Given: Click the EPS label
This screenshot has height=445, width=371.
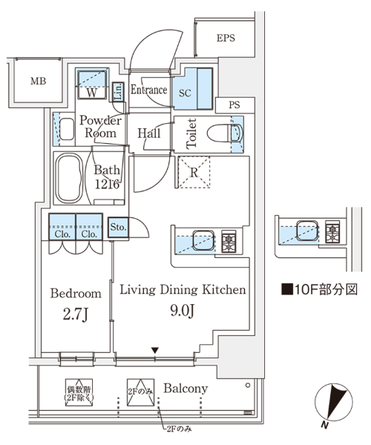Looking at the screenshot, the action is click(226, 38).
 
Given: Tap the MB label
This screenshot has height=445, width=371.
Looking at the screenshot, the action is click(39, 82).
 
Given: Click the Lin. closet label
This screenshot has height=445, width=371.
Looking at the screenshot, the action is click(118, 92).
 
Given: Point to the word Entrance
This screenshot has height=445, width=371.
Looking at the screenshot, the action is click(148, 90).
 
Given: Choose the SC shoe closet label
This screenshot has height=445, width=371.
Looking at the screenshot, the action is click(185, 93).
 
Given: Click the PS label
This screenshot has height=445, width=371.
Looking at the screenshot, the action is click(234, 105).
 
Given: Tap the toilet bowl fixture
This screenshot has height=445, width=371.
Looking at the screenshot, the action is click(225, 133).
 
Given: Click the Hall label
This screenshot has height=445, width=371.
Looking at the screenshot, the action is click(149, 133).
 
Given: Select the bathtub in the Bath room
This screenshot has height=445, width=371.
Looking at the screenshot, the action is click(69, 178).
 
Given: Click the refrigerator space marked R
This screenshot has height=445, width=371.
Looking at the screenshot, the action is click(194, 172).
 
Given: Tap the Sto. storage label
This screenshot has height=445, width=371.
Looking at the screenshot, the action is click(118, 227).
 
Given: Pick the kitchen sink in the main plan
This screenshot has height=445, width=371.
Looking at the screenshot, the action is click(203, 240).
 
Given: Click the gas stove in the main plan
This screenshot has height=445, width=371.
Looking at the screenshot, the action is click(229, 241).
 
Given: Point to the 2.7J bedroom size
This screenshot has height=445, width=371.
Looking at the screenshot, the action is click(76, 314).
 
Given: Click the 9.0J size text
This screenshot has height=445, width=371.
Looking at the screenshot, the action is click(183, 311).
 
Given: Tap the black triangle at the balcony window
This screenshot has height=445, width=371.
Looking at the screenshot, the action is click(154, 351).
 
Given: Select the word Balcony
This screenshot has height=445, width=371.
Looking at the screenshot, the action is click(185, 389).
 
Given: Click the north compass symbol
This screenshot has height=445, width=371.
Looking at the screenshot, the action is click(333, 403).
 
